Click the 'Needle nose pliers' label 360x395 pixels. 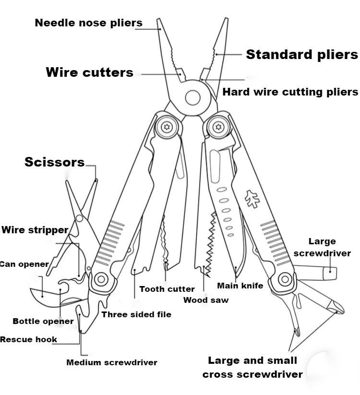coord(88,23)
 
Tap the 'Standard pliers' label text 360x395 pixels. coord(302,54)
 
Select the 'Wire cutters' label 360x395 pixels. coord(89,72)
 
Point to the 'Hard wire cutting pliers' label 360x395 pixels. coord(290,92)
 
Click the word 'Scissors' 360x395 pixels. coord(54,162)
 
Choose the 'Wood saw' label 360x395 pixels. coord(206,300)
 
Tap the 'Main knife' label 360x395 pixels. coord(240,286)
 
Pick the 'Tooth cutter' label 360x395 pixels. coord(167,289)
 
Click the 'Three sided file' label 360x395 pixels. coord(136,314)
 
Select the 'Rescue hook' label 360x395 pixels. coord(28,339)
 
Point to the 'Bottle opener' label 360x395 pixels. coord(43,321)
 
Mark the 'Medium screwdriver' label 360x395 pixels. coord(111,362)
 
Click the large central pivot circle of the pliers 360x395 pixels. coord(192,98)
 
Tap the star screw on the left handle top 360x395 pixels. coord(167,127)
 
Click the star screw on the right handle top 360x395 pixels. coord(219,127)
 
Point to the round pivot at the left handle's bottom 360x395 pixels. coord(101,278)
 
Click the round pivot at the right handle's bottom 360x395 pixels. coord(285,278)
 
